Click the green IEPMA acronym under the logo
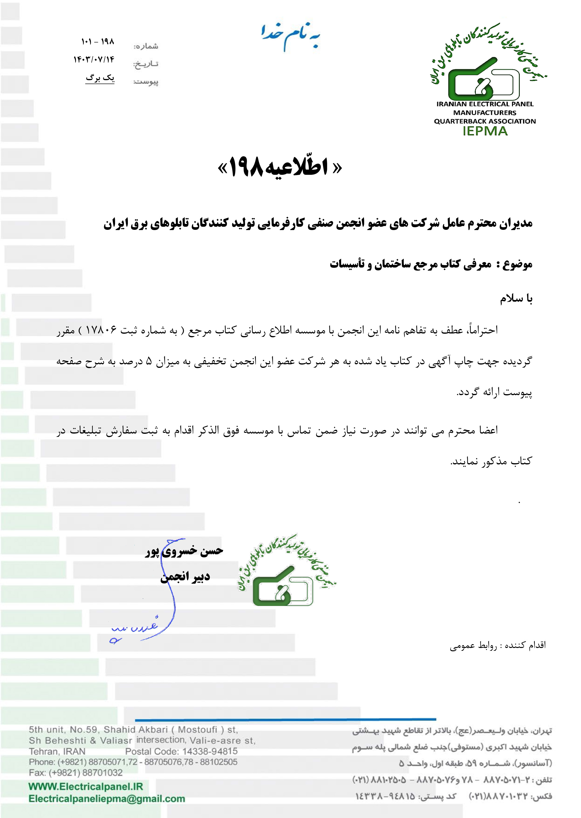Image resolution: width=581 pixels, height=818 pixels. tap(485, 131)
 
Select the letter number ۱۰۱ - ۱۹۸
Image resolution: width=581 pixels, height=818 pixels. tap(97, 42)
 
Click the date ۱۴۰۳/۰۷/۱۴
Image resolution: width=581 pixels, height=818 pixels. tap(94, 59)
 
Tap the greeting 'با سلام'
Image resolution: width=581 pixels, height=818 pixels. tap(516, 298)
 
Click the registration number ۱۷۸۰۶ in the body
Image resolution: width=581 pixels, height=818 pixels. tap(101, 329)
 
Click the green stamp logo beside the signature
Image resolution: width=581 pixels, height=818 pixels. tap(286, 572)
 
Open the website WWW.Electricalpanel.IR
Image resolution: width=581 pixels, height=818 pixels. tap(86, 786)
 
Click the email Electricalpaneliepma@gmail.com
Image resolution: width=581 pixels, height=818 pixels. tap(107, 799)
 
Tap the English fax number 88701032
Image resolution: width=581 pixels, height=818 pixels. tap(102, 772)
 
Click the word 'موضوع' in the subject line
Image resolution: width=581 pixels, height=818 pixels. tap(517, 264)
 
